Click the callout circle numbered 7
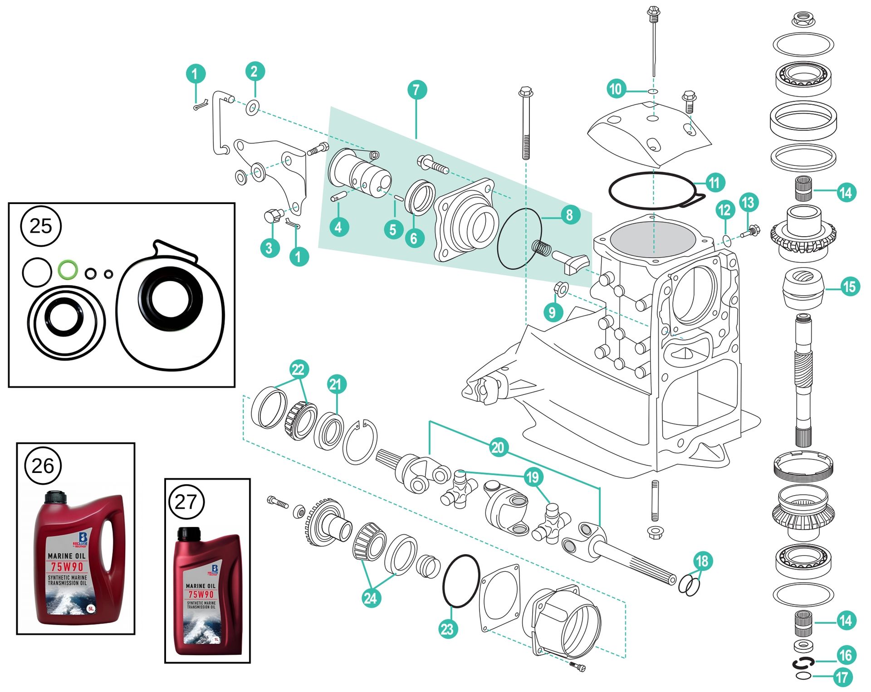[416, 90]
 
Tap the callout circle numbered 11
[714, 183]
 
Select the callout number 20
[498, 448]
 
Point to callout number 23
[447, 629]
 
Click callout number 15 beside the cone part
[848, 287]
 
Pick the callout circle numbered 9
[552, 312]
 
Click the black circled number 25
[41, 226]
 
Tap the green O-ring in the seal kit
[68, 270]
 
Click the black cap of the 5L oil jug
[55, 497]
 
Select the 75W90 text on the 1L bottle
[201, 594]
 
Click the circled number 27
[186, 502]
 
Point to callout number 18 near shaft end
[702, 561]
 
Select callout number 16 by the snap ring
[845, 655]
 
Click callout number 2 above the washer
[254, 71]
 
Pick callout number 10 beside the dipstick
[616, 89]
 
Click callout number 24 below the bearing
[371, 598]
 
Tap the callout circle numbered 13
[748, 202]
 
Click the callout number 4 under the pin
[338, 227]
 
